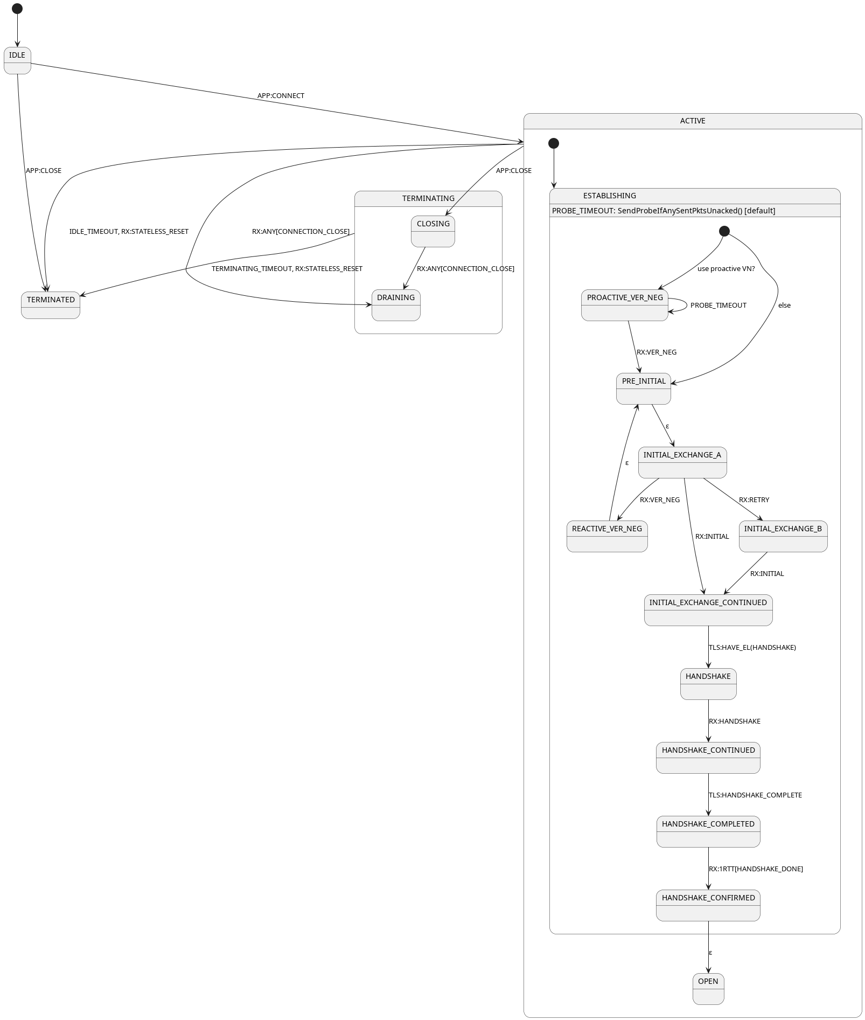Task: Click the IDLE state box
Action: (17, 60)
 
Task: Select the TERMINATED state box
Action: (51, 305)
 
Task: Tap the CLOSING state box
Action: (433, 231)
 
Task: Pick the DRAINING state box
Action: (396, 305)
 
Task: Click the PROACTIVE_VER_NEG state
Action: (625, 305)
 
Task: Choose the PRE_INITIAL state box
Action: (644, 388)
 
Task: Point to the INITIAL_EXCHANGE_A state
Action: (682, 462)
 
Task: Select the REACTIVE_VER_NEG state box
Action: (607, 536)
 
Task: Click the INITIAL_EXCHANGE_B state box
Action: (783, 536)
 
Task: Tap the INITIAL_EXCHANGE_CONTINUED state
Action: (708, 610)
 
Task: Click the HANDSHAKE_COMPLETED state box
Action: (708, 831)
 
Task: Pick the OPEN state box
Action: (708, 989)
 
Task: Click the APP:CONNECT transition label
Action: (281, 96)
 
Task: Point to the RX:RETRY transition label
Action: (754, 500)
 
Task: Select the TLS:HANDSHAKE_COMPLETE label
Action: (755, 795)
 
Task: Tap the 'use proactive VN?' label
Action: (726, 269)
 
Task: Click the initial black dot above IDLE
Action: (17, 9)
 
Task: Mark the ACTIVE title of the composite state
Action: (693, 121)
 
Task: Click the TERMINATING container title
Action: (428, 199)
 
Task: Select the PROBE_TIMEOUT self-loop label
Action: (718, 306)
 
